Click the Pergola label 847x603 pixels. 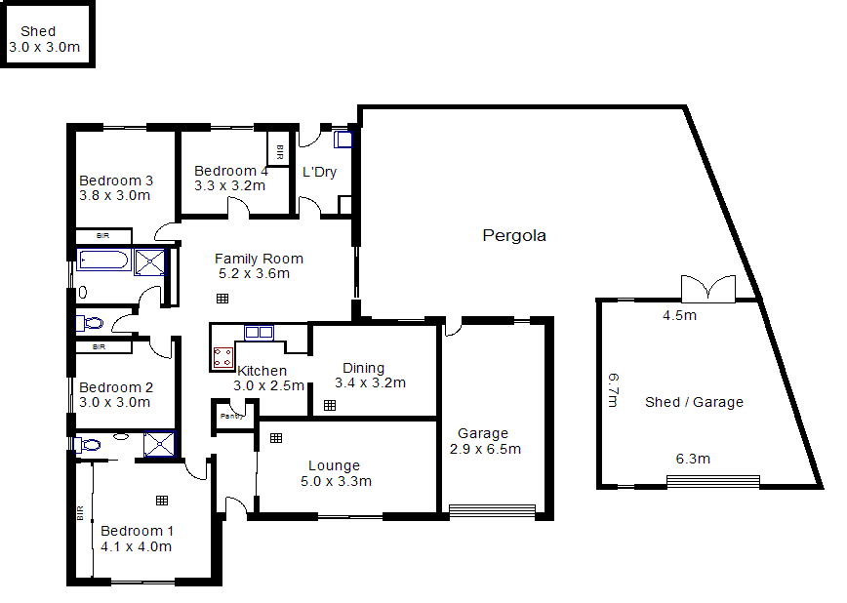[x=514, y=235]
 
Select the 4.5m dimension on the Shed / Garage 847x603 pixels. [x=679, y=315]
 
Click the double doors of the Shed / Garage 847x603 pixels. [x=707, y=289]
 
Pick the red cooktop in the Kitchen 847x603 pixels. [x=222, y=357]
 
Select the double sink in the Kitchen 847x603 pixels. [x=259, y=333]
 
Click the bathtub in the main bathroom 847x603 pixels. [x=103, y=261]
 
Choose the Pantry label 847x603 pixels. [x=231, y=417]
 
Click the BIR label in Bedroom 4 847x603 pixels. [x=280, y=151]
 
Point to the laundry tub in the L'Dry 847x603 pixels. [x=343, y=140]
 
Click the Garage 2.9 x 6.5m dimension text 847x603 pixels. [x=485, y=449]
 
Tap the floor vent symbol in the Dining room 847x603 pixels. [x=330, y=404]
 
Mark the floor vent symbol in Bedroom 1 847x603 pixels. [x=161, y=500]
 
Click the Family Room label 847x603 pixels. [x=259, y=259]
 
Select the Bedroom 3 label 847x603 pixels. [x=116, y=181]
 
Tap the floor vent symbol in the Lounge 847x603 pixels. [x=276, y=438]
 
